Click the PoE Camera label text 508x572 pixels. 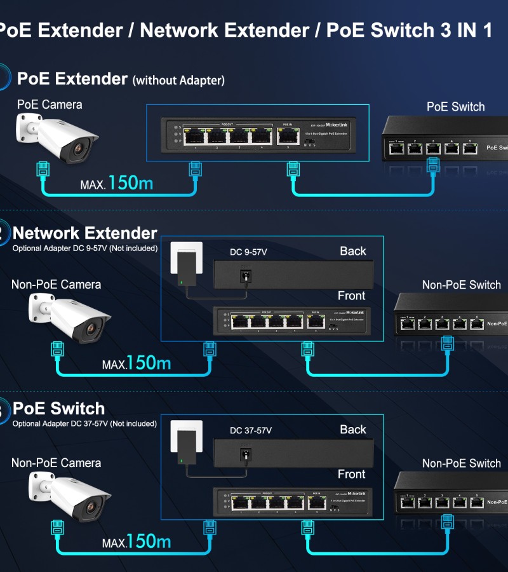click(x=50, y=104)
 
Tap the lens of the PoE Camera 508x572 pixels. click(x=79, y=149)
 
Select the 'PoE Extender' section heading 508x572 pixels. click(x=72, y=79)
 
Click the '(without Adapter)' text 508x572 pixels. click(x=178, y=81)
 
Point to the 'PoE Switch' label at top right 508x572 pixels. click(x=455, y=107)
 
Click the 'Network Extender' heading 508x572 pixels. click(x=84, y=233)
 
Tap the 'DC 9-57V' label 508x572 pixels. click(x=248, y=252)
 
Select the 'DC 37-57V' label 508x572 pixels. click(x=251, y=430)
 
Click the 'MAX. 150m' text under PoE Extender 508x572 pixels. click(x=117, y=184)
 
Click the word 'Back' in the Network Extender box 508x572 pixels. click(x=352, y=251)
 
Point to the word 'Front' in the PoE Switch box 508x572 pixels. click(x=351, y=474)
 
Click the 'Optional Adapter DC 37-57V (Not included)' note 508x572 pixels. click(x=84, y=424)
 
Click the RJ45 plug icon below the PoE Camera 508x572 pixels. click(x=43, y=170)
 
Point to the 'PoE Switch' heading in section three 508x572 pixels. click(x=58, y=409)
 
